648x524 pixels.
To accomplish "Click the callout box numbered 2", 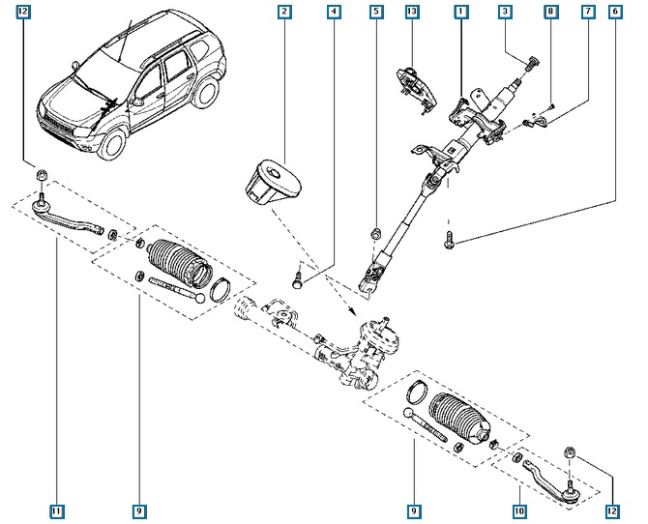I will pyautogui.click(x=284, y=13).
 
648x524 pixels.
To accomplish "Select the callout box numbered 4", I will pyautogui.click(x=333, y=13).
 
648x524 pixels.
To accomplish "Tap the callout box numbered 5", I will pyautogui.click(x=375, y=13).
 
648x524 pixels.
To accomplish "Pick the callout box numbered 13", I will pyautogui.click(x=412, y=13).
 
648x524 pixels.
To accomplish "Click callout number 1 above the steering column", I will pyautogui.click(x=461, y=13).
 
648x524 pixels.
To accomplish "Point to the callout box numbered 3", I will pyautogui.click(x=505, y=13).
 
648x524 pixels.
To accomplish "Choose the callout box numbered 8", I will pyautogui.click(x=549, y=13).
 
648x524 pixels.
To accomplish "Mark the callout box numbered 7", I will pyautogui.click(x=587, y=13).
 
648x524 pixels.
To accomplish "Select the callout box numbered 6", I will pyautogui.click(x=616, y=13).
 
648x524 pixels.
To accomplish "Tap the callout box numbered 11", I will pyautogui.click(x=57, y=510).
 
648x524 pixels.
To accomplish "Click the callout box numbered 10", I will pyautogui.click(x=518, y=510).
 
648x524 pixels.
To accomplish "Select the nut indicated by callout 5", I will pyautogui.click(x=375, y=233).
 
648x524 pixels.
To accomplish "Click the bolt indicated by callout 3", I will pyautogui.click(x=531, y=66).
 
